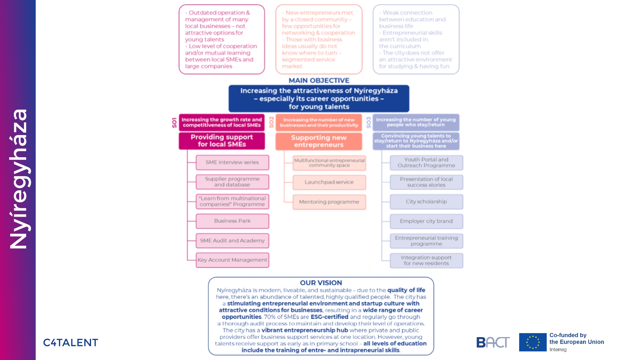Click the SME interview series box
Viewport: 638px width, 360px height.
pos(232,162)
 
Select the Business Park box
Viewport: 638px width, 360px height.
pos(232,221)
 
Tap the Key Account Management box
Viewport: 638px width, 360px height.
pos(232,260)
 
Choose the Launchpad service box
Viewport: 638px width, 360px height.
pos(329,182)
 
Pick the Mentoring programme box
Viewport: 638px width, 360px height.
pos(329,202)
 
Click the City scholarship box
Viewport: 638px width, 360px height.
pos(426,202)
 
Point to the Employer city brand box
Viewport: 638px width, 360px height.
pos(426,221)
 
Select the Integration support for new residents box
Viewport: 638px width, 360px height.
pos(426,260)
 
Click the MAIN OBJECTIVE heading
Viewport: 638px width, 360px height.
pos(319,81)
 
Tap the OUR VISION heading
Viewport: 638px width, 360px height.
pos(321,283)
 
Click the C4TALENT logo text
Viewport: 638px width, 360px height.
pos(71,343)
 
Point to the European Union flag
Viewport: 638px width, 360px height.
pos(533,342)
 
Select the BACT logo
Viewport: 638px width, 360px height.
pos(493,342)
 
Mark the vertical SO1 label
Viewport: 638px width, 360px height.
pos(174,122)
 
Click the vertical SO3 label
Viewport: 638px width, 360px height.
pos(368,122)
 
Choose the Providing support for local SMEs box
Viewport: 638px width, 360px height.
pos(222,141)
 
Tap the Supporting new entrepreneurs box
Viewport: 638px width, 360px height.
pos(319,141)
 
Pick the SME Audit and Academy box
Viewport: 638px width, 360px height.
pos(232,240)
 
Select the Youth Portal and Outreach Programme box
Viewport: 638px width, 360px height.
pos(426,162)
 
